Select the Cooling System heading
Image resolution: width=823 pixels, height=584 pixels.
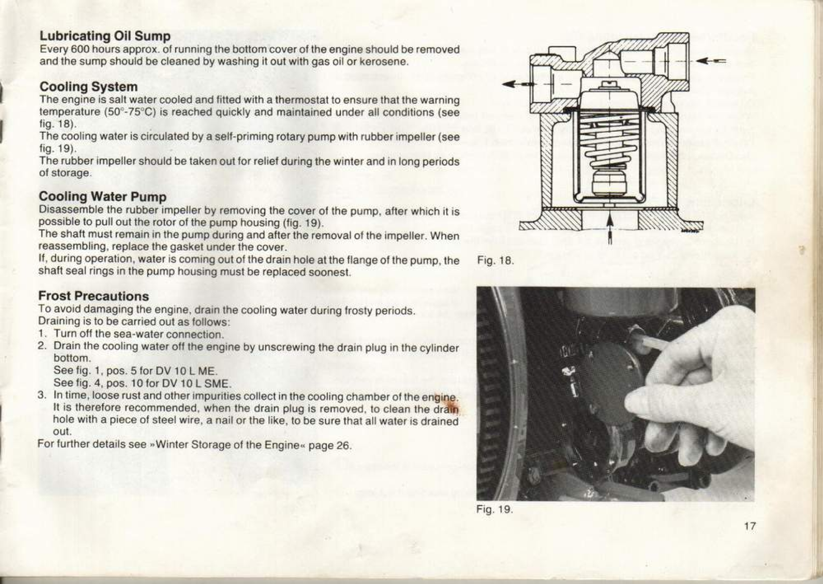point(88,86)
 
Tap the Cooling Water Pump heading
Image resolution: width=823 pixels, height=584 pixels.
point(102,196)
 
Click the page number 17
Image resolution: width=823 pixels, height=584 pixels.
point(750,526)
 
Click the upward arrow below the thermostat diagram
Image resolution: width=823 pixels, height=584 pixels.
point(610,231)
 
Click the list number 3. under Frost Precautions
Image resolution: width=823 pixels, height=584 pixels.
point(41,395)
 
